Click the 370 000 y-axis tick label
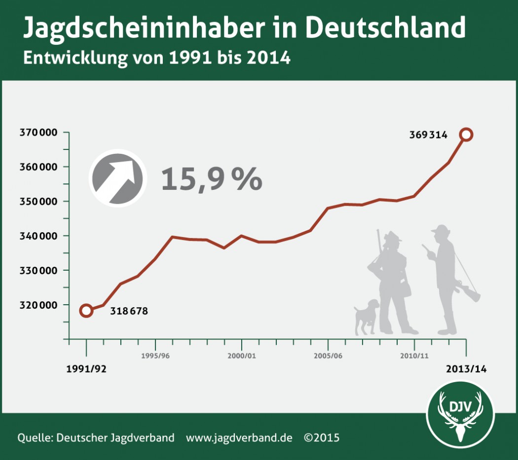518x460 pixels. (38, 133)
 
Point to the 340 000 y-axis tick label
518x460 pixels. (38, 236)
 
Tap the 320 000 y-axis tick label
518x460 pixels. (38, 305)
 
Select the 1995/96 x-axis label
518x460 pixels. (155, 356)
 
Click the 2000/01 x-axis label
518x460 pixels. (242, 356)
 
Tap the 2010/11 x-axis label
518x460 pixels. (414, 356)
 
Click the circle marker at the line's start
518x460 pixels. (86, 311)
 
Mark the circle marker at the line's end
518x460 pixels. (466, 134)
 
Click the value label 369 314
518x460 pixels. (428, 135)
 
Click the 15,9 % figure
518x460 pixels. (211, 179)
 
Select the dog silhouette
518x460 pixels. (366, 316)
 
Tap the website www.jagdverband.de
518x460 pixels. (239, 437)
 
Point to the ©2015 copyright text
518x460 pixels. (322, 437)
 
